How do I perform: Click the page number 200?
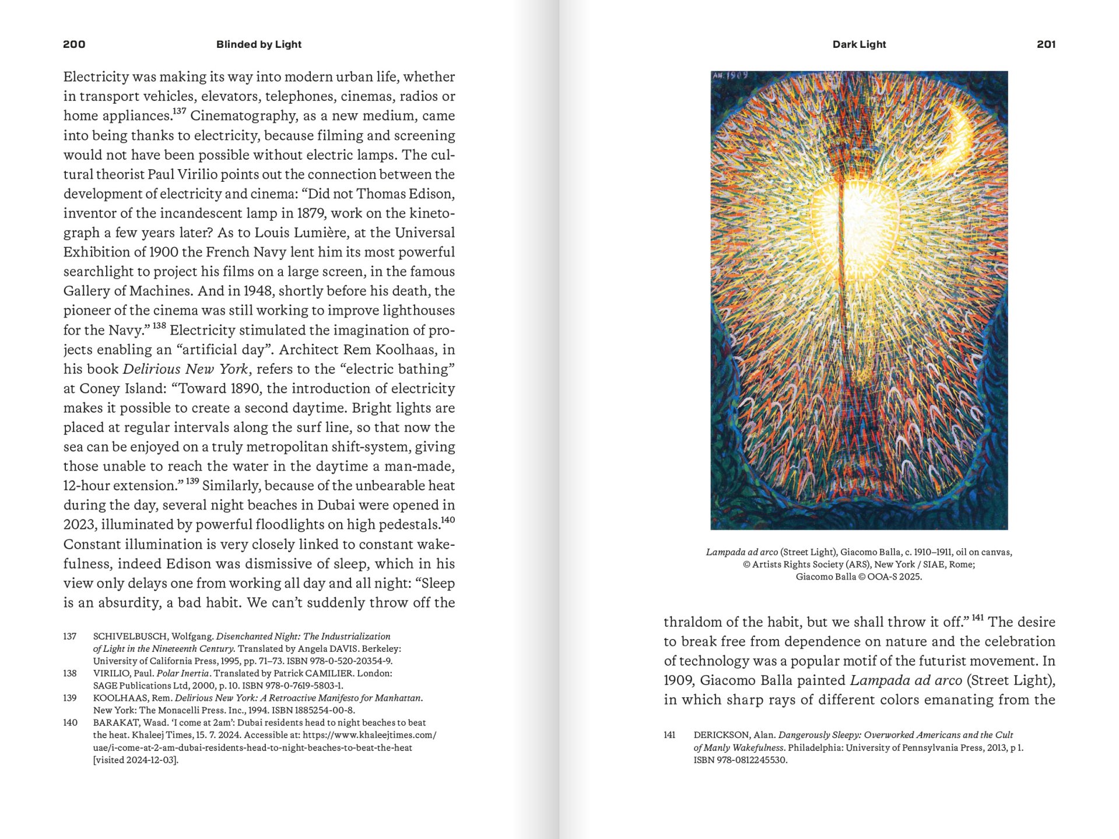point(74,44)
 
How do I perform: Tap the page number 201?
point(1046,44)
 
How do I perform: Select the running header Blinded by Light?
point(258,44)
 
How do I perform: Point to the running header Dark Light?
point(859,44)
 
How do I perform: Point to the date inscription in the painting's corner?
point(730,76)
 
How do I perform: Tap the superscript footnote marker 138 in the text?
point(159,326)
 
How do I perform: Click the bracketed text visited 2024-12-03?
point(136,760)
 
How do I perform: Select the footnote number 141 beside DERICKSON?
point(669,735)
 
